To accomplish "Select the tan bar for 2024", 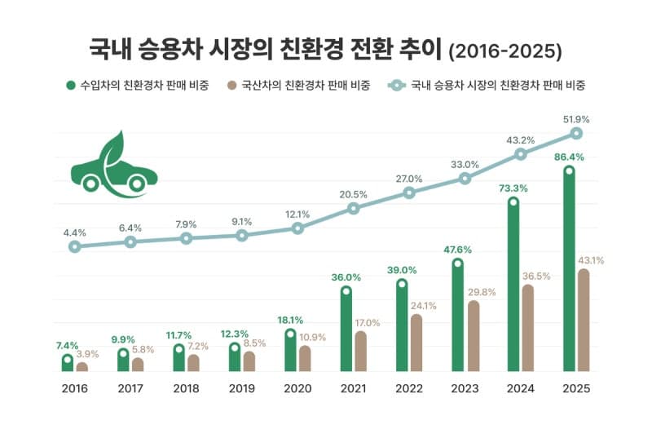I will point(527,328).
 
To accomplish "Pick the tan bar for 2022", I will point(416,343).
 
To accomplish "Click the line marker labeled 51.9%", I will point(576,133).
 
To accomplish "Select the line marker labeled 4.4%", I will point(74,246).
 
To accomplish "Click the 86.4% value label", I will point(569,156).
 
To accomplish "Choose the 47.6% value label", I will point(457,249).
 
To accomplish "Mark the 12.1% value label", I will point(297,215).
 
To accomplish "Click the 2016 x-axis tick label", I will point(74,389).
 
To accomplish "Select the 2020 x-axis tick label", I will point(297,389).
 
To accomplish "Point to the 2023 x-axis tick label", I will point(465,389).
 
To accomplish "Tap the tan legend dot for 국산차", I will point(232,84).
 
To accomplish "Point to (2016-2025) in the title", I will point(505,51).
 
